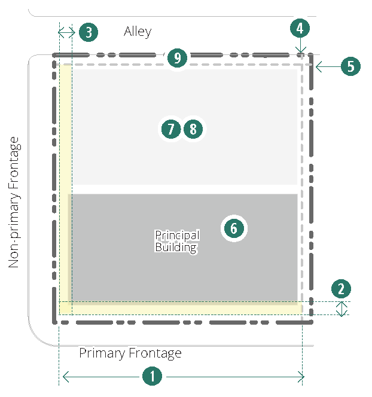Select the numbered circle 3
pos(89,32)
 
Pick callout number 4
pos(300,28)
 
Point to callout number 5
pos(350,66)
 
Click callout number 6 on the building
pos(234,228)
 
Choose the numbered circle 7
pos(171,129)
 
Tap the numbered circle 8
pos(193,129)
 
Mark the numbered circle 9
pos(177,58)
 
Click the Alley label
pos(138,32)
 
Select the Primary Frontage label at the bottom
pos(130,353)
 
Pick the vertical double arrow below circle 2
pos(341,309)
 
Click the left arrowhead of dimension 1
pos(65,377)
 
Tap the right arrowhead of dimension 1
pos(301,377)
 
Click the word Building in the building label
pos(176,247)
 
